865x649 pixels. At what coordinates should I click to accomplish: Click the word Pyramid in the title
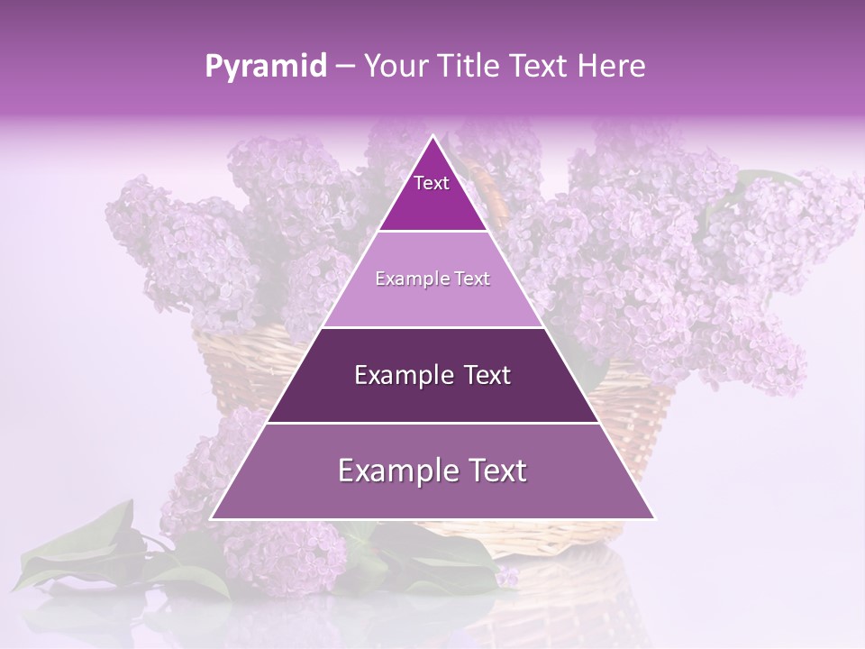point(266,67)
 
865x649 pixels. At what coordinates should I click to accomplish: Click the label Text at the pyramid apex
point(432,183)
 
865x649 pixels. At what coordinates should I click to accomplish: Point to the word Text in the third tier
point(487,375)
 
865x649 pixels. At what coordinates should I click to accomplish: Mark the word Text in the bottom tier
point(497,471)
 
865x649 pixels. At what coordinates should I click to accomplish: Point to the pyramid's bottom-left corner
point(212,518)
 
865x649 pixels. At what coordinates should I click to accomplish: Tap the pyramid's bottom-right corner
point(654,518)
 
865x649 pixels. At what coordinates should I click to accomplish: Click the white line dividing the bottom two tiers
point(432,423)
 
